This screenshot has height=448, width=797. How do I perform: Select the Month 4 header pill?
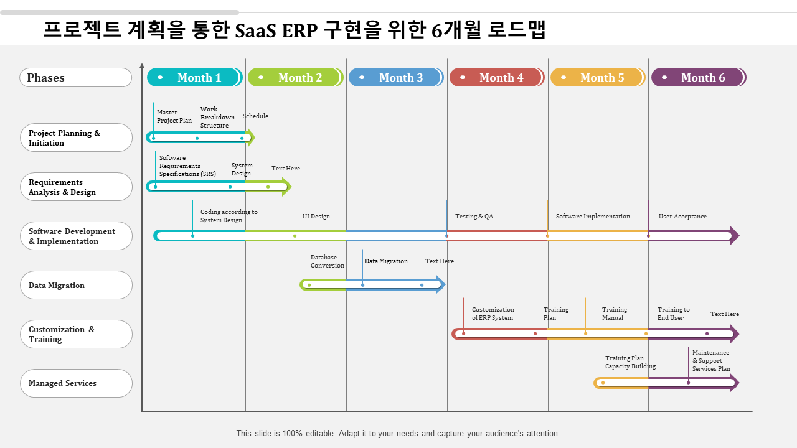496,78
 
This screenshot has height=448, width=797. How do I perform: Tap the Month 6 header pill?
698,78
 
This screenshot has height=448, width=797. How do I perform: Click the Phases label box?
76,78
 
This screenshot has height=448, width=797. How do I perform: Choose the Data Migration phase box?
76,286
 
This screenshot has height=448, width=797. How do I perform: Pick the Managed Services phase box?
76,383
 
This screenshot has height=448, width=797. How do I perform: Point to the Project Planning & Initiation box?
76,138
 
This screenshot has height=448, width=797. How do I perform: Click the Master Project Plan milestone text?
174,116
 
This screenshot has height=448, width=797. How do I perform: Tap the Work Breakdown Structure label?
217,117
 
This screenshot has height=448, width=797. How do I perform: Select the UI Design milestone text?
316,217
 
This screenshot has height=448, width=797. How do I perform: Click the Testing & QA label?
474,217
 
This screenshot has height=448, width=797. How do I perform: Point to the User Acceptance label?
682,217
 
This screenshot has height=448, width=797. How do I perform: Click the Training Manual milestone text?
615,314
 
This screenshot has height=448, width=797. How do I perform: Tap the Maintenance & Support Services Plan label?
711,360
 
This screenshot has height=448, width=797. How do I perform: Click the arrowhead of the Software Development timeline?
734,235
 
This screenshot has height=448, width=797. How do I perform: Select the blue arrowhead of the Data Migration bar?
441,284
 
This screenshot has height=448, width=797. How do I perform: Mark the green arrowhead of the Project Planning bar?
251,137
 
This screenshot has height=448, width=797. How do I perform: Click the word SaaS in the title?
257,30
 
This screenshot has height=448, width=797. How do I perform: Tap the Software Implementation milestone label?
593,217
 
